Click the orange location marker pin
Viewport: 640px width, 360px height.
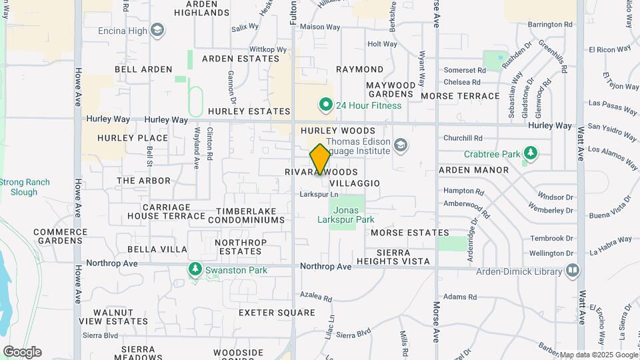320,159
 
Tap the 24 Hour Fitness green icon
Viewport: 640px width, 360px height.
325,105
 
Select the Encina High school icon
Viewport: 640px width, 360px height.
157,30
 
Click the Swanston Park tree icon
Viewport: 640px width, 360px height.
195,270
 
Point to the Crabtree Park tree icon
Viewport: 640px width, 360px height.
531,154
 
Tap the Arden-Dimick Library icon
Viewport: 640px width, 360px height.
572,271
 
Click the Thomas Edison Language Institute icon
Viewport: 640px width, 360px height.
401,145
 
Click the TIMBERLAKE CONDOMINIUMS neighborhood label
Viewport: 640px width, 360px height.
250,215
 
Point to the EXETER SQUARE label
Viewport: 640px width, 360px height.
277,312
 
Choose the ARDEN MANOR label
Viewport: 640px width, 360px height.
473,170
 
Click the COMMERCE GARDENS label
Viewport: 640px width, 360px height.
61,236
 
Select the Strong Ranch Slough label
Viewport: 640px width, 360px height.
24,187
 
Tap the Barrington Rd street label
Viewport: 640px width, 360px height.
550,25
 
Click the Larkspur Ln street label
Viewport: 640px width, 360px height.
319,194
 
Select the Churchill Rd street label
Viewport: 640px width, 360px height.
463,138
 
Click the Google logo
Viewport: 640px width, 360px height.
22,352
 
